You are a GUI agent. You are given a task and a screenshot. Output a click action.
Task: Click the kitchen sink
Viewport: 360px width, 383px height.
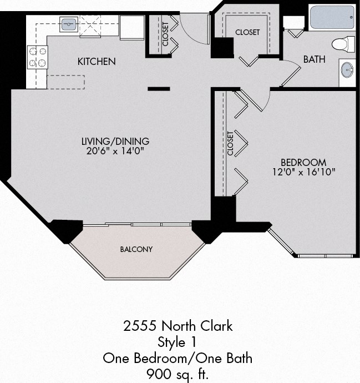(69, 24)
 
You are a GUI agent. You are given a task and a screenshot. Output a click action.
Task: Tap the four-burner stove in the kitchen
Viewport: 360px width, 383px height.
(37, 57)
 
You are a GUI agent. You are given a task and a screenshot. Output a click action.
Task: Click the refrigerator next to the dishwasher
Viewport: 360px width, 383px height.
(132, 27)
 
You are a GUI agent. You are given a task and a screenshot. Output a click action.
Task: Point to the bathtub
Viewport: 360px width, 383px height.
(332, 18)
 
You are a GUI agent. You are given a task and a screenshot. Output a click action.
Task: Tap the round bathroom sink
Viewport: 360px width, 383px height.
(348, 71)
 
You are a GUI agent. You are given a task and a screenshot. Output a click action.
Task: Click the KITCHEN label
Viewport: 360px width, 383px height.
(97, 61)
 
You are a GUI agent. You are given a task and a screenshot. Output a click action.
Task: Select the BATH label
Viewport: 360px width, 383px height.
(314, 59)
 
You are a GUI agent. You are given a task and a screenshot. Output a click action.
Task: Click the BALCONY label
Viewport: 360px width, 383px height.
(136, 249)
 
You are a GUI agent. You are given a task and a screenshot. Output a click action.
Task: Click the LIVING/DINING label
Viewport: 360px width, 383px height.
(115, 141)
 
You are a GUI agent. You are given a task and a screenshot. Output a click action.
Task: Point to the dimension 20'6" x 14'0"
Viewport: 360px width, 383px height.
(115, 151)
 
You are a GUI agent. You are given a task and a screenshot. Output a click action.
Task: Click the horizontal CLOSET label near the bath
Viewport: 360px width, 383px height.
(247, 32)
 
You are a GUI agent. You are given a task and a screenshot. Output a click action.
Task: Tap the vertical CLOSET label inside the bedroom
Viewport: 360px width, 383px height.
(230, 143)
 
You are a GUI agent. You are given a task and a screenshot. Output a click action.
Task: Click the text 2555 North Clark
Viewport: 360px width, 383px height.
(178, 326)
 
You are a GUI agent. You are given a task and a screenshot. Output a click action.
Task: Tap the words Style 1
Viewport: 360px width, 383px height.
(178, 341)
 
